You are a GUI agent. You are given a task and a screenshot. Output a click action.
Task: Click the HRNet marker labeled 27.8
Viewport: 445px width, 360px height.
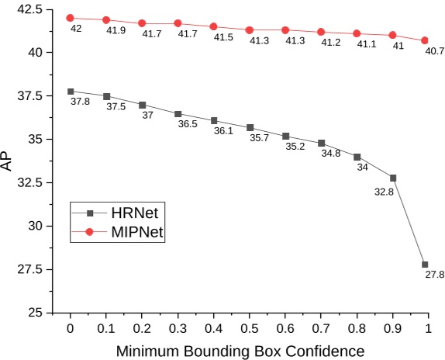pos(425,265)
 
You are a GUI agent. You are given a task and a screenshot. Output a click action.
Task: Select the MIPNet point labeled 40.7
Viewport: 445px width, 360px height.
pos(425,40)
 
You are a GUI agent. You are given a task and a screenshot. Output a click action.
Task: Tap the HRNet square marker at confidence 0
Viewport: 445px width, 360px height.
pos(71,92)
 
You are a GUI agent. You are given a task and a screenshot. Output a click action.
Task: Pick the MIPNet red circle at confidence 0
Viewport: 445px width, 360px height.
pos(71,18)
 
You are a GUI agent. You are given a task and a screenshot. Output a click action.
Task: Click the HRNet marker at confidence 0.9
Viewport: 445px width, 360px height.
pos(393,178)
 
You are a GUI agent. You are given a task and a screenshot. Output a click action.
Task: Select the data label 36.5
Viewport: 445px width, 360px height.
pos(188,124)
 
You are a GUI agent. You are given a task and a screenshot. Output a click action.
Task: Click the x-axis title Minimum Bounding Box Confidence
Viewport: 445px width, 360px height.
pos(240,351)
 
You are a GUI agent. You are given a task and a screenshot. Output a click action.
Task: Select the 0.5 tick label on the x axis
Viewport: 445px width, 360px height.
pos(249,328)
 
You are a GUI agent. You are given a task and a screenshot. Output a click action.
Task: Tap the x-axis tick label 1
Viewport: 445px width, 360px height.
pos(428,328)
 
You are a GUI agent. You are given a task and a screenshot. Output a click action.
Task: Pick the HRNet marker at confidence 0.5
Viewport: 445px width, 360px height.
pos(250,127)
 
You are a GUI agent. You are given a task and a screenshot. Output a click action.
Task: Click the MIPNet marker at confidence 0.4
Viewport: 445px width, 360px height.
pos(214,27)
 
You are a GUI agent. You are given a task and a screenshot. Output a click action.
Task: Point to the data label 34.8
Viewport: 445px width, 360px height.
pos(331,154)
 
